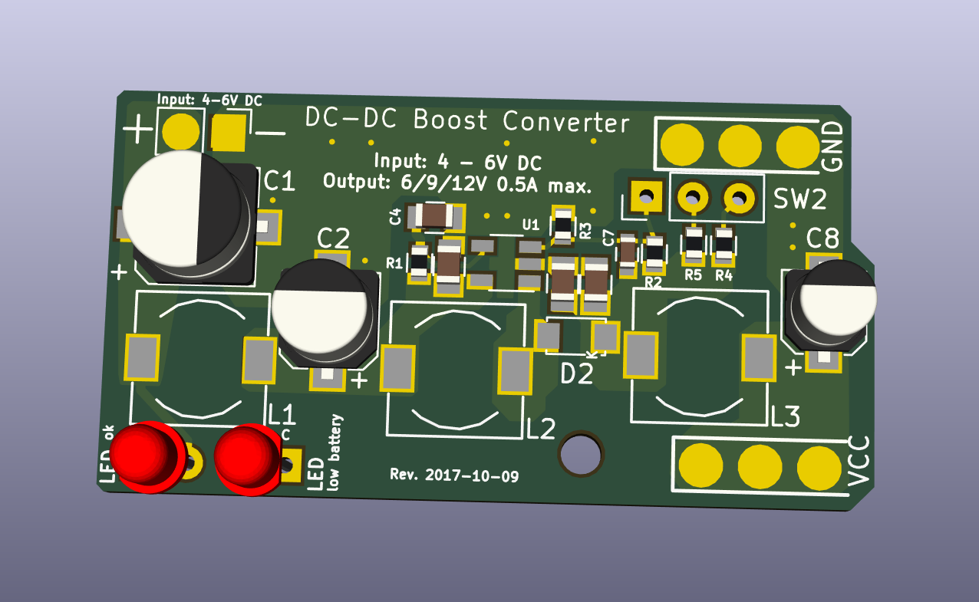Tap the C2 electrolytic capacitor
[x=325, y=311]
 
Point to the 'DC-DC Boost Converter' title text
[x=467, y=121]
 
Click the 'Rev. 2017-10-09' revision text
[x=454, y=475]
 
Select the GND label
[x=832, y=146]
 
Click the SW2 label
[x=800, y=200]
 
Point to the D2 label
[x=577, y=374]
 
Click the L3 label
[x=786, y=417]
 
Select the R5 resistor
[x=694, y=244]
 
